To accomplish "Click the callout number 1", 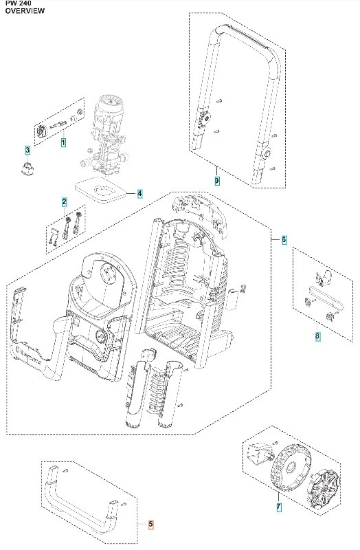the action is coord(63,143).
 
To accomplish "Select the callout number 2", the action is coord(64,202).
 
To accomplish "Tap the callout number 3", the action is coord(27,150).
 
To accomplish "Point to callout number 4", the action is coord(140,193).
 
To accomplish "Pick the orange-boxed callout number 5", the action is coord(150,525).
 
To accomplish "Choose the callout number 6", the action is coord(284,240).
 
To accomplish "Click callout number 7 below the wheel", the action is coord(279,507).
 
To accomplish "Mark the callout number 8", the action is coord(317,336).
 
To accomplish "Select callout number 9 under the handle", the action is coord(217,181).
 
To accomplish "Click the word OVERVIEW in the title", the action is coord(25,11).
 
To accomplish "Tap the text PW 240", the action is coord(19,3).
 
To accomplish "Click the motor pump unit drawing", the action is coord(104,135).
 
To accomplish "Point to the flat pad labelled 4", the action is coord(100,190).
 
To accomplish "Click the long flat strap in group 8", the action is coord(326,298).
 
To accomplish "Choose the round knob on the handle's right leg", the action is coord(267,153).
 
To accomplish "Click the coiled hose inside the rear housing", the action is coord(179,267).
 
